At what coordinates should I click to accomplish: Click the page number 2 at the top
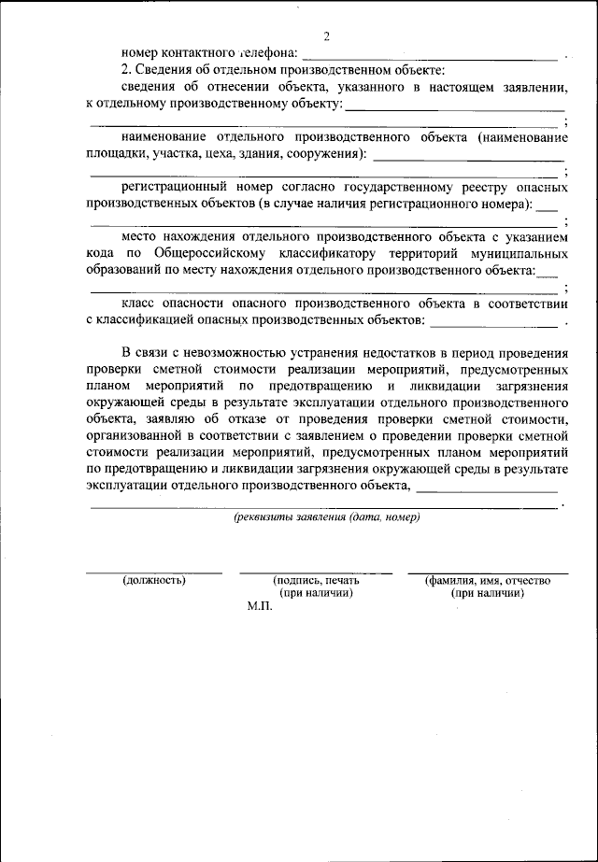pyautogui.click(x=327, y=36)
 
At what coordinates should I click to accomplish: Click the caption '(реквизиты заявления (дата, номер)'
pyautogui.click(x=327, y=517)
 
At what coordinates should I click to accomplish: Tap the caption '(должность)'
pyautogui.click(x=154, y=580)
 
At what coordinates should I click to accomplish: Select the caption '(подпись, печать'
pyautogui.click(x=316, y=580)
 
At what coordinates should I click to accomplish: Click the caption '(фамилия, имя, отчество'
pyautogui.click(x=487, y=580)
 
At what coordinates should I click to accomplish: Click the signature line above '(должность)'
pyautogui.click(x=154, y=572)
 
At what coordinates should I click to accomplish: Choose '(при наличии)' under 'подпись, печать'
pyautogui.click(x=316, y=593)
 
